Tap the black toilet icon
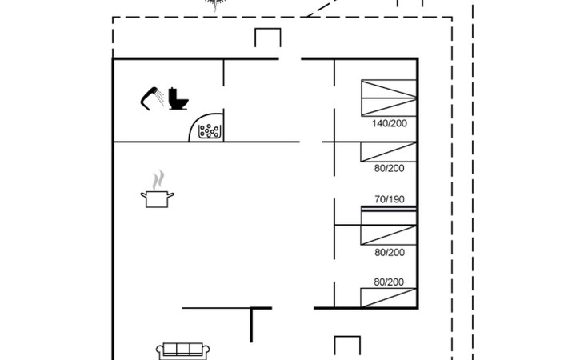click(178, 98)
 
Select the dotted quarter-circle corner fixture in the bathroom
click(209, 129)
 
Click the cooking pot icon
click(157, 198)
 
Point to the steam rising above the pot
click(159, 178)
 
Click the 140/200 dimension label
click(389, 124)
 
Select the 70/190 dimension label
click(390, 199)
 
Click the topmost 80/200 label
click(390, 168)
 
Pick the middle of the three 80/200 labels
click(390, 253)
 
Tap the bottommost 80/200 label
click(390, 282)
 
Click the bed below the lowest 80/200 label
click(388, 298)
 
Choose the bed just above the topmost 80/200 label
click(388, 152)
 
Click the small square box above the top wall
click(267, 38)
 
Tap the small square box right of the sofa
click(346, 347)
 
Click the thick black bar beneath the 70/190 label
click(388, 209)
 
